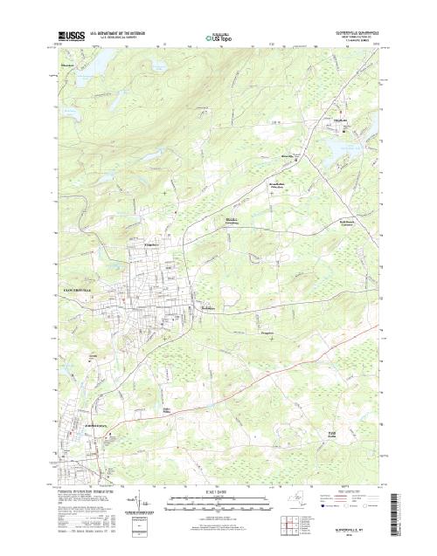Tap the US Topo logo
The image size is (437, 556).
[x=218, y=38]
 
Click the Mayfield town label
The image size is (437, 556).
[x=342, y=121]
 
